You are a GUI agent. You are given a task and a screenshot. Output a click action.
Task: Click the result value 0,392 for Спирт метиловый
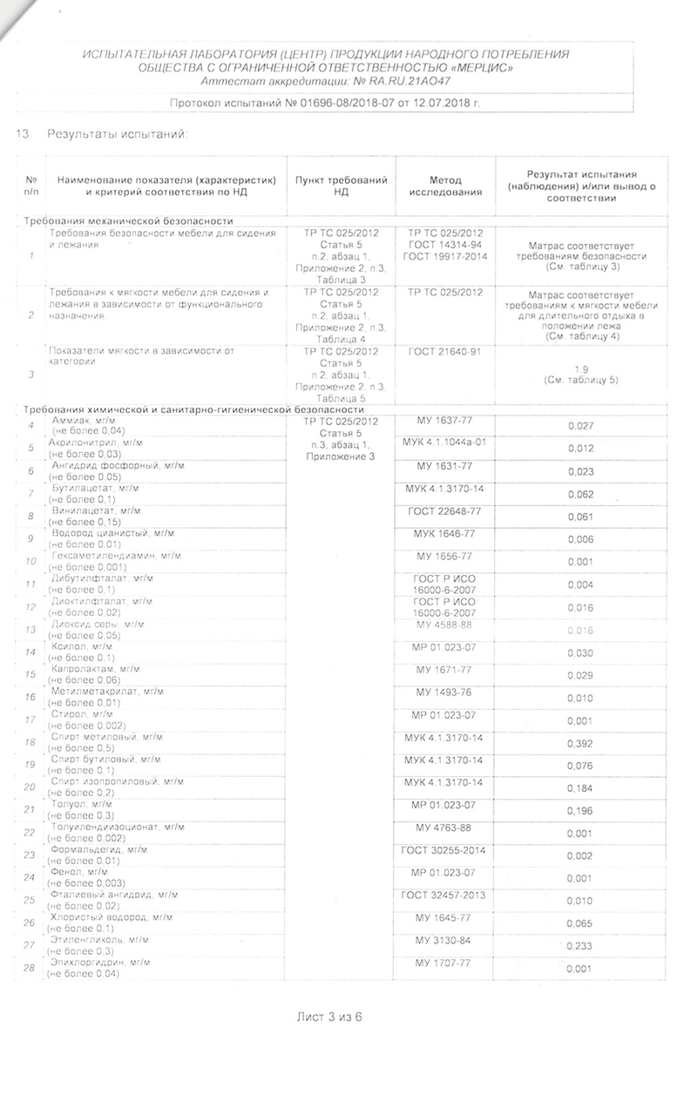click(x=580, y=744)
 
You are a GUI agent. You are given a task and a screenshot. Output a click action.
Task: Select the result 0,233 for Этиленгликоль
click(x=580, y=947)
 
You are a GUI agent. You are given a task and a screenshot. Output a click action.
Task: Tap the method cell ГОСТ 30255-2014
click(x=444, y=850)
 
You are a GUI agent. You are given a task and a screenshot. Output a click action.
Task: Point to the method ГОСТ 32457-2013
click(x=444, y=895)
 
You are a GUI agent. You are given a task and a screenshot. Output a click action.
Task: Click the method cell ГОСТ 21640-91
click(x=444, y=352)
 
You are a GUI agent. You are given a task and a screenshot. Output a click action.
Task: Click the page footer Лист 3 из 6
click(x=328, y=1017)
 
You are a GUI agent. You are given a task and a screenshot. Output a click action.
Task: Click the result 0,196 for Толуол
click(x=580, y=811)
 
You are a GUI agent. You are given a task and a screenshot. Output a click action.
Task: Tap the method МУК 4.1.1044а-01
click(x=444, y=443)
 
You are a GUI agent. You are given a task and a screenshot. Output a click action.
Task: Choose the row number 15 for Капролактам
click(x=30, y=674)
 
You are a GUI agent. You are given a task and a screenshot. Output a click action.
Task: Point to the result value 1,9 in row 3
click(x=580, y=369)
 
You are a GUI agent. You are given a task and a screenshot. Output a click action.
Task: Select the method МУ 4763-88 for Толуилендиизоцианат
click(x=444, y=828)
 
